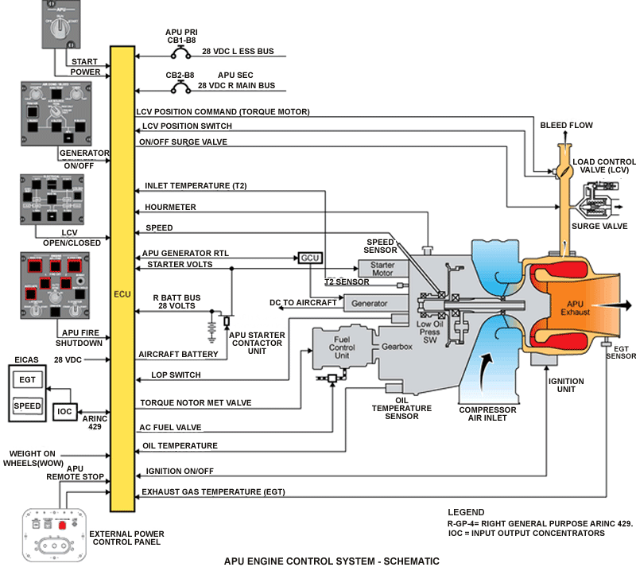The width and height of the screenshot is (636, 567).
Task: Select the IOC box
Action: pyautogui.click(x=65, y=411)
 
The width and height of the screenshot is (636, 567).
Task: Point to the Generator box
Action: pyautogui.click(x=370, y=303)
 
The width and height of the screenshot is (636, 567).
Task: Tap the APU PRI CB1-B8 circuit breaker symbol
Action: pyautogui.click(x=180, y=52)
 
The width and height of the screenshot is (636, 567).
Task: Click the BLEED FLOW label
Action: pyautogui.click(x=566, y=126)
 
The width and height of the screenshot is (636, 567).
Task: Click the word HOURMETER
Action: pyautogui.click(x=170, y=208)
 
